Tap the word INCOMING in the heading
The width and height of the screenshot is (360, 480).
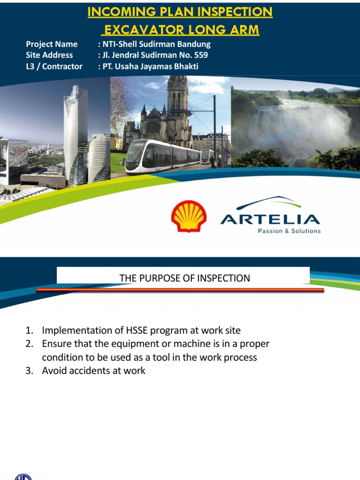[121, 12]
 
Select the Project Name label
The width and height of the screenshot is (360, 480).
[52, 44]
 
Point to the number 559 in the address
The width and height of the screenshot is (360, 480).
[199, 55]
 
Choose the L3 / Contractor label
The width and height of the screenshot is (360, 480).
[54, 66]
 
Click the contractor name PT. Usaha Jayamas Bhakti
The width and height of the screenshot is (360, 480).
[150, 66]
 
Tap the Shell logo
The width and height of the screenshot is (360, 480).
[188, 216]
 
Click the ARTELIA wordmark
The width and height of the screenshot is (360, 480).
[270, 219]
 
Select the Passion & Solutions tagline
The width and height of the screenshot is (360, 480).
[289, 231]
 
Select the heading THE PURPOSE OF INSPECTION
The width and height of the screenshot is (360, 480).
[185, 278]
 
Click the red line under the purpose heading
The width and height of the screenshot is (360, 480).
[180, 290]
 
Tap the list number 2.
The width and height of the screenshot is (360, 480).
[29, 344]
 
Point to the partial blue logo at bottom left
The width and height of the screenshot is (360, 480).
[23, 477]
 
